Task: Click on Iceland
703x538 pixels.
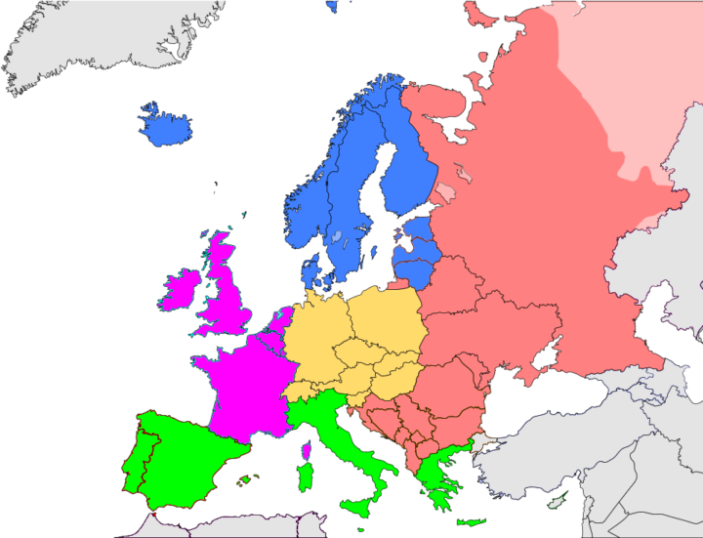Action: point(165,124)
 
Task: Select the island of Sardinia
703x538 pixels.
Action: point(305,478)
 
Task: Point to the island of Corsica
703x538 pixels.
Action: point(307,450)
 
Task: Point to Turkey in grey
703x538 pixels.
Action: point(566,469)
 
